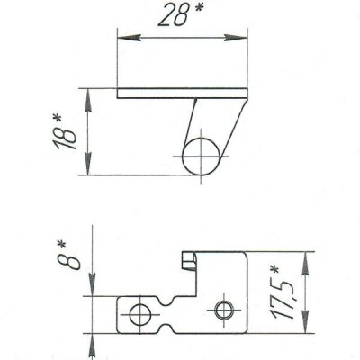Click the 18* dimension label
click(x=64, y=133)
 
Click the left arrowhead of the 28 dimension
click(x=129, y=38)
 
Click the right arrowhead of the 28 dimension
click(x=236, y=38)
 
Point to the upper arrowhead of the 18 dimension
click(x=88, y=100)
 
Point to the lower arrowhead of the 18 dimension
click(x=88, y=164)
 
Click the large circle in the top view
click(x=202, y=156)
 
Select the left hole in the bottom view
click(x=140, y=315)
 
